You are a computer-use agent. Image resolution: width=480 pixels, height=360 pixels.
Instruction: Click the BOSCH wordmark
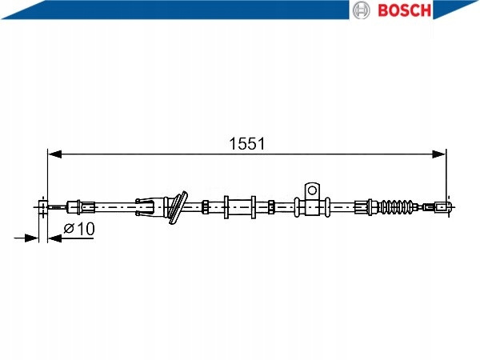404,10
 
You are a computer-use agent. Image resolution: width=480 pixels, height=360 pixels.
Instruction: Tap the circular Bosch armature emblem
362,10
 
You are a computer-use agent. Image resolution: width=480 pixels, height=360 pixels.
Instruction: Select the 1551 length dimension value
247,143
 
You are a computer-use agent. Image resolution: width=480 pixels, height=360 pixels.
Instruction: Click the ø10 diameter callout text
79,229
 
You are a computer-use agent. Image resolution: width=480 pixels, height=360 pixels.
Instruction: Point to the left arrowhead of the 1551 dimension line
54,154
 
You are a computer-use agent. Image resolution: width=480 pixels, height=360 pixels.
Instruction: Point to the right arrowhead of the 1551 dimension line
439,154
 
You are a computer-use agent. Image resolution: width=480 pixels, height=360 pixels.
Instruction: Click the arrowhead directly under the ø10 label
55,238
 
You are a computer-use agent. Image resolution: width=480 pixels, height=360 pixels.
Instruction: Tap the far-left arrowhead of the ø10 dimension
31,238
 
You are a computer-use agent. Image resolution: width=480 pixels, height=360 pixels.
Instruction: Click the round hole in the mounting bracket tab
312,190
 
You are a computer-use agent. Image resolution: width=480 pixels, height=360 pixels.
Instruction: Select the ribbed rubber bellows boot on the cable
397,207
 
